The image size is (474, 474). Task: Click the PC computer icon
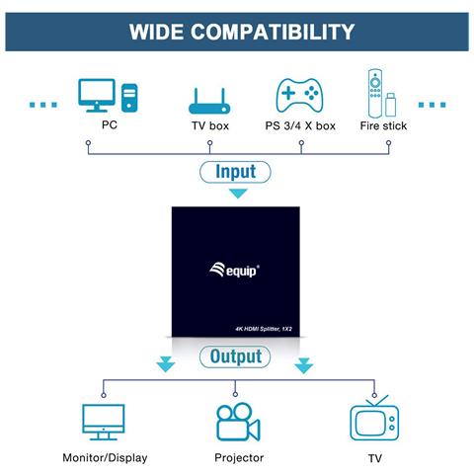tap(109, 95)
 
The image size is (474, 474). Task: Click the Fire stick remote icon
tap(379, 93)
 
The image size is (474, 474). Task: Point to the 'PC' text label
tap(109, 125)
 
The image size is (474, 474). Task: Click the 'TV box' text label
tap(209, 126)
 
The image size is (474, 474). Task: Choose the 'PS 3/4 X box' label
tap(300, 126)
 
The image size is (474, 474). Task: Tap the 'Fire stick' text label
tap(383, 126)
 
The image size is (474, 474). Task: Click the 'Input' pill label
tap(236, 172)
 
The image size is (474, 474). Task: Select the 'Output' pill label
tap(236, 355)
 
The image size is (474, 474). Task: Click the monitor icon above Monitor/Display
tap(104, 421)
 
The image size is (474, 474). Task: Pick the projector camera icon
tap(238, 422)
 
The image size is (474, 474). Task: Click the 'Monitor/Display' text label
tap(105, 458)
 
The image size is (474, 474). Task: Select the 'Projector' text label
tap(239, 458)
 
